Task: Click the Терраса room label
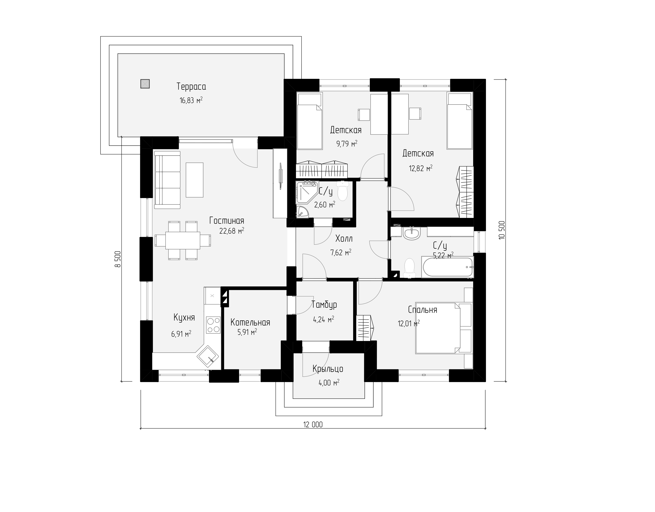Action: pos(191,87)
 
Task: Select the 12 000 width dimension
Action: pos(313,425)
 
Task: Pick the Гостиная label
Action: pos(227,221)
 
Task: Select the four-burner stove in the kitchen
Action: pos(213,325)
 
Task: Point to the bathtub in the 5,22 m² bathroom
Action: pos(447,267)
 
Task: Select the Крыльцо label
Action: pos(328,369)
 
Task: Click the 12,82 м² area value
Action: pos(421,168)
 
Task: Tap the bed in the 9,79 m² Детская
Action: pos(310,121)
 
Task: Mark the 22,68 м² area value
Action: pos(232,231)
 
